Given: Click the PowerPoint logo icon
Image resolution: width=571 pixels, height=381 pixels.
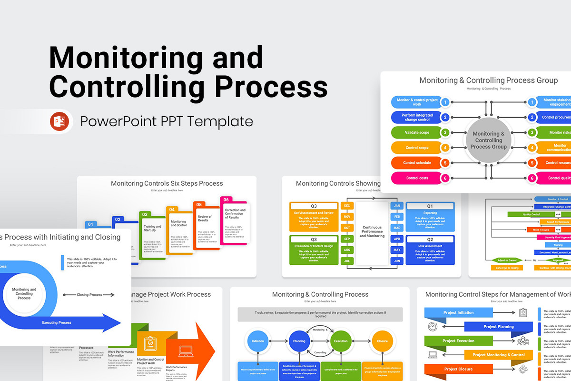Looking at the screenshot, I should (59, 121).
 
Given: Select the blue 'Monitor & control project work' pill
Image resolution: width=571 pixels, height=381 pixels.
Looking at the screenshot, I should (417, 102).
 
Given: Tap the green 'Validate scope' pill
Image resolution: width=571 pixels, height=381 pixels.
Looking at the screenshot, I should (417, 132).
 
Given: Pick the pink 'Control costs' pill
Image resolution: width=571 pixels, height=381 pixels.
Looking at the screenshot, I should (417, 178).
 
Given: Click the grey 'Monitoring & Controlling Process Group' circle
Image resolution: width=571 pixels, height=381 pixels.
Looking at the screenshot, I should (489, 140).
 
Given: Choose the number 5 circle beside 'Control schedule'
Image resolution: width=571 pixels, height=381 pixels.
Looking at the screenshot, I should (445, 163).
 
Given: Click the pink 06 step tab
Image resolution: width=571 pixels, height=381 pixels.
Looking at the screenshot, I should (226, 200).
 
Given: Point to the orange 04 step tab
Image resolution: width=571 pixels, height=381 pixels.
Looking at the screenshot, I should (172, 209).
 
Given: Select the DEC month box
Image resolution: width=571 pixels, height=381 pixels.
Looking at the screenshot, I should (346, 206).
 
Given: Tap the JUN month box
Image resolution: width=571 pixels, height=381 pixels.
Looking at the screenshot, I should (397, 261).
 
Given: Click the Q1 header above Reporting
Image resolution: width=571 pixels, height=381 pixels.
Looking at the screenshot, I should (430, 206).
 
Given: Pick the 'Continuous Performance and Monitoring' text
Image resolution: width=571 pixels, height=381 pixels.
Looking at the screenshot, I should (372, 232).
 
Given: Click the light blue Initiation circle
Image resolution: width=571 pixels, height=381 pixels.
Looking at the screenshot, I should (258, 341).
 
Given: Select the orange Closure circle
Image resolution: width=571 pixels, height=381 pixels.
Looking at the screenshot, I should (382, 341).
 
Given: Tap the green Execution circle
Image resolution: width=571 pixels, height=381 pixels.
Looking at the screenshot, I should (341, 341).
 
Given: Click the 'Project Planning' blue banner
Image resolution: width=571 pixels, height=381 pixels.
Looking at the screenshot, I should (498, 327).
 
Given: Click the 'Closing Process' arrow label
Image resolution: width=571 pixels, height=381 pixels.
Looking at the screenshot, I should (89, 295).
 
